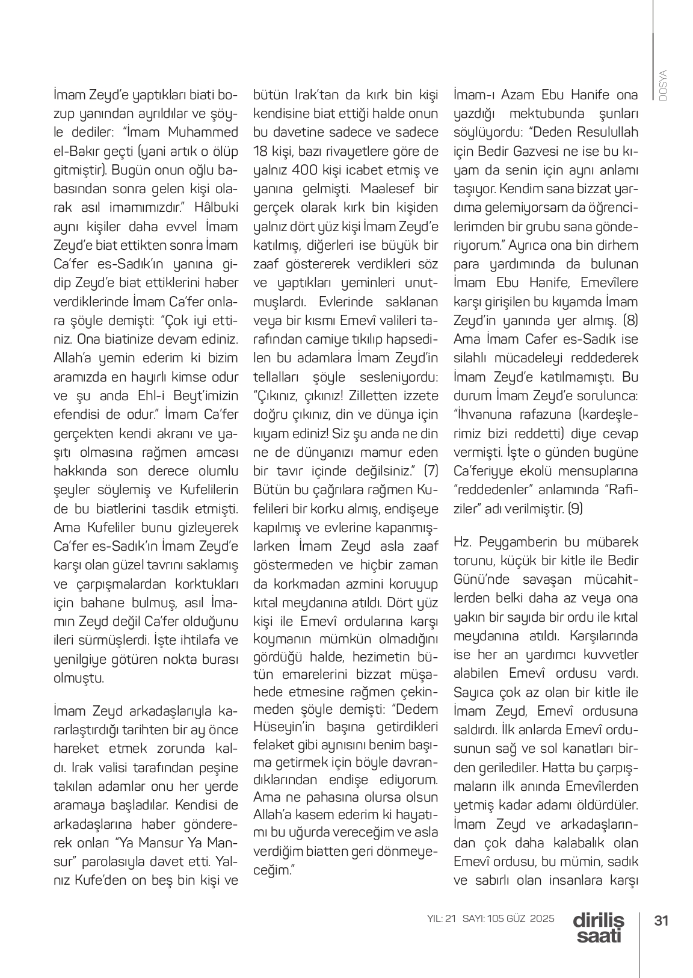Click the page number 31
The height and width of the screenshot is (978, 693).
click(x=662, y=920)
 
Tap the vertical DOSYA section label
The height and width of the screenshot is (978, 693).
click(x=663, y=85)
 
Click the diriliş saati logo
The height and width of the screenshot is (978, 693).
click(x=599, y=927)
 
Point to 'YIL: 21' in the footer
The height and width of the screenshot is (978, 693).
click(x=442, y=918)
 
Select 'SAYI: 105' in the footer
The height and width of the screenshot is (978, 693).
click(x=484, y=918)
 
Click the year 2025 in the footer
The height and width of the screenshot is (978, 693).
click(x=542, y=918)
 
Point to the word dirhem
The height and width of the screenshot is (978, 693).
click(x=618, y=246)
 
